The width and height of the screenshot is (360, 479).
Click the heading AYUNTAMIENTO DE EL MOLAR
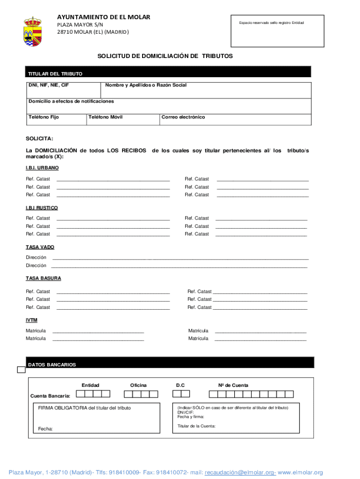(103, 17)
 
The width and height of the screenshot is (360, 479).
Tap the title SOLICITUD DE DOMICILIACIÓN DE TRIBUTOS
(165, 56)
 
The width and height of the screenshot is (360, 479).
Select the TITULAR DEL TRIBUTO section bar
(168, 73)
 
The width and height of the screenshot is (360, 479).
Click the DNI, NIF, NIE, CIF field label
(49, 85)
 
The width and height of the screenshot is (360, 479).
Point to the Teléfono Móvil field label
(106, 117)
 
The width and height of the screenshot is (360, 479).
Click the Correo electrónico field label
(183, 117)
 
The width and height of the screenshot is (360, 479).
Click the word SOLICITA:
(39, 138)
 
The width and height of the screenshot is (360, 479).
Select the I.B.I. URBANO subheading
(42, 167)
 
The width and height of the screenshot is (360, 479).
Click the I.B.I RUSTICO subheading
(42, 207)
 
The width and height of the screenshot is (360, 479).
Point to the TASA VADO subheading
(40, 247)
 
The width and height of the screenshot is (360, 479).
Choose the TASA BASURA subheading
(43, 278)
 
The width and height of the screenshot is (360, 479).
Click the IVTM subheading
(31, 320)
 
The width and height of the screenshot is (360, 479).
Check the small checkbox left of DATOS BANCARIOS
(21, 370)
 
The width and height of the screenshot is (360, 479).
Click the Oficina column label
(138, 385)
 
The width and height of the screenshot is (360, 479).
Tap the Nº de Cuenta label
(233, 385)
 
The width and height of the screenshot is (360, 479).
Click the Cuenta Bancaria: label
(50, 396)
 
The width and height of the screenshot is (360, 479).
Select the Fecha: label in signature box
(45, 428)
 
